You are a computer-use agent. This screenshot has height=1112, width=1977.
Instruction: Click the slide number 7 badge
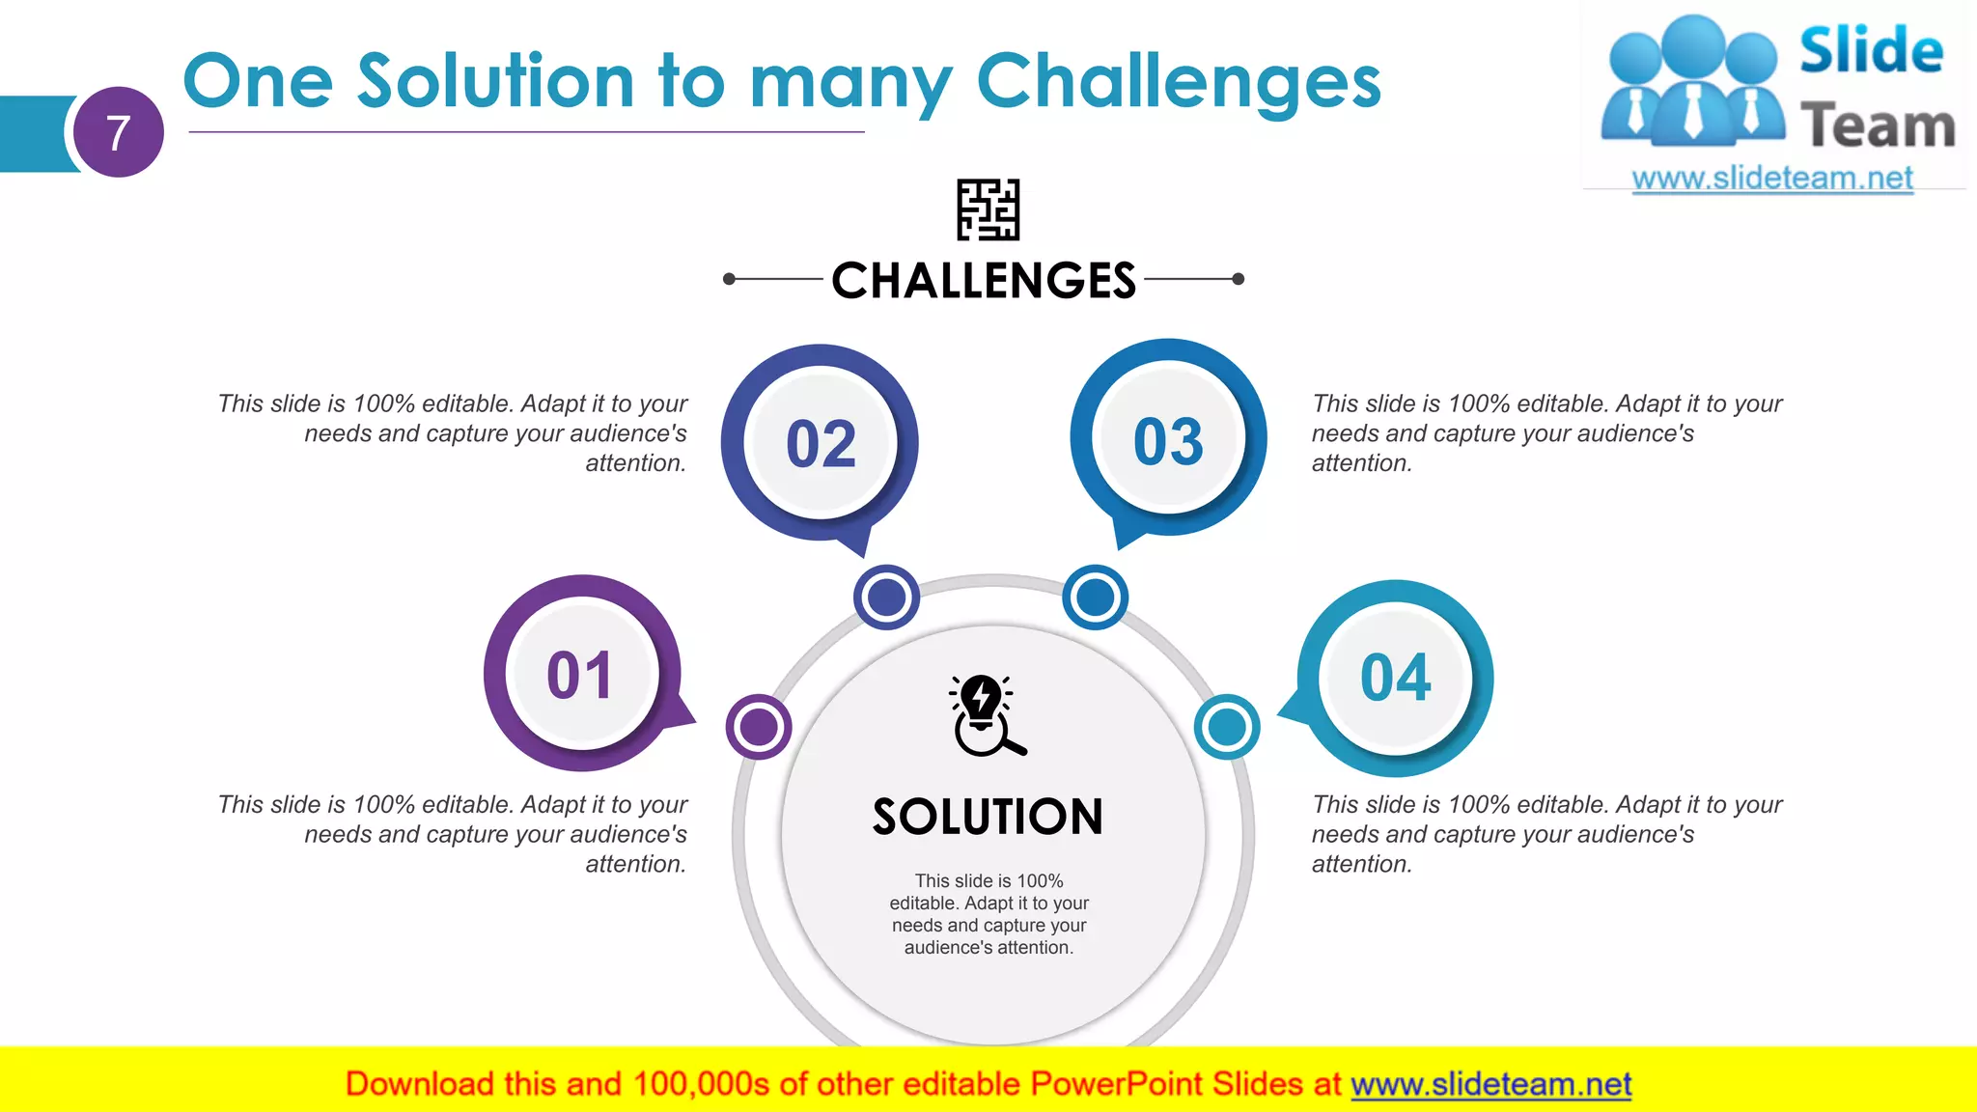(118, 132)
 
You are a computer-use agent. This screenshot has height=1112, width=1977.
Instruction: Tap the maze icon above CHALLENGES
(988, 209)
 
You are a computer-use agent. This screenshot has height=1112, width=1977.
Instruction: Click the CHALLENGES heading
(984, 281)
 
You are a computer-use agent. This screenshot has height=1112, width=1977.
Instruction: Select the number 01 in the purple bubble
(580, 676)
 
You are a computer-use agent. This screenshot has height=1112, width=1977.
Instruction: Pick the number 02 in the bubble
(821, 445)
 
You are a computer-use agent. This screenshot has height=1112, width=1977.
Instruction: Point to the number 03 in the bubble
(1168, 443)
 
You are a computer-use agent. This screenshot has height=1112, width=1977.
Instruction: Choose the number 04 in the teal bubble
(1395, 678)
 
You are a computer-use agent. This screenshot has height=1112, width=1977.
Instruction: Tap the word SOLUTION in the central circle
(988, 818)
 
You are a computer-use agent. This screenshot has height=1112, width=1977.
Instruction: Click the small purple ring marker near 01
(759, 727)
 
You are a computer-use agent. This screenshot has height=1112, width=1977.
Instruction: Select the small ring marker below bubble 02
(886, 598)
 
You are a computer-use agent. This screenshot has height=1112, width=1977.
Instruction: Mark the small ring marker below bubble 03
(1095, 598)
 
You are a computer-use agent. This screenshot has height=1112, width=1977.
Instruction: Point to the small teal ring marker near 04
(1226, 727)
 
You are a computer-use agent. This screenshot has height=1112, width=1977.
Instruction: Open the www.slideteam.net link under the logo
(1772, 179)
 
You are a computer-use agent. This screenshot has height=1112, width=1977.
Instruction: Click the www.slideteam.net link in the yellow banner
(1490, 1085)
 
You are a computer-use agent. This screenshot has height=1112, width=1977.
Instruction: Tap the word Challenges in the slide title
(1179, 83)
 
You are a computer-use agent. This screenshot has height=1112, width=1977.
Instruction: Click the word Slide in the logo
(1871, 50)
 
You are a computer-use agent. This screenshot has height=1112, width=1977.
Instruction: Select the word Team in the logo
(1878, 126)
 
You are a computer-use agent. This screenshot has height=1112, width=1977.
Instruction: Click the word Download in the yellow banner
(418, 1085)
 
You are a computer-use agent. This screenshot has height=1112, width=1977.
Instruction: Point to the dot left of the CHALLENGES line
(729, 279)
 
